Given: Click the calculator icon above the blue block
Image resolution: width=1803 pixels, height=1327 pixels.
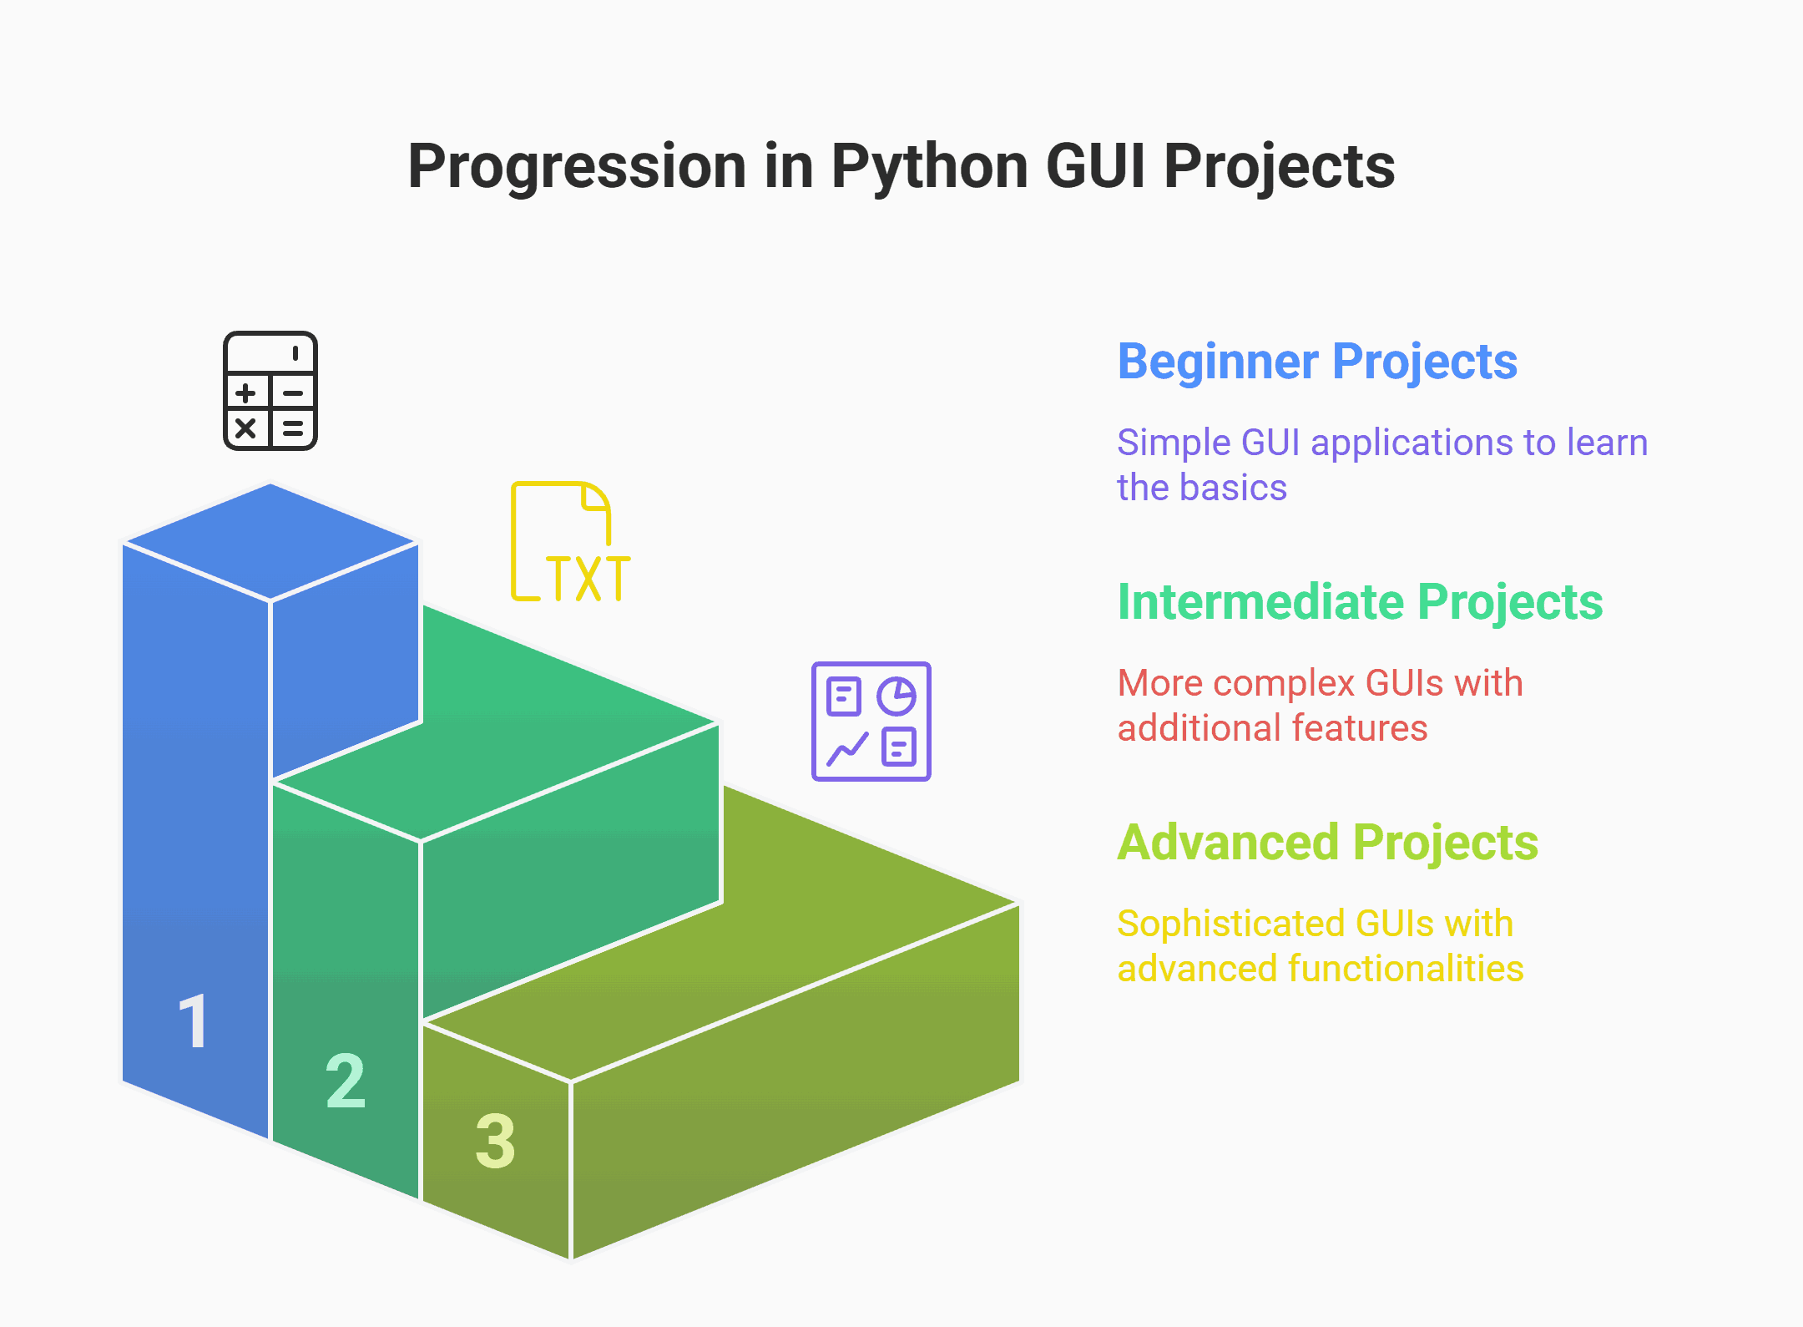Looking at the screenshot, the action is [270, 391].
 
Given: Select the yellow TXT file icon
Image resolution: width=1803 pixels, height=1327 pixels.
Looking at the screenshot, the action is [571, 542].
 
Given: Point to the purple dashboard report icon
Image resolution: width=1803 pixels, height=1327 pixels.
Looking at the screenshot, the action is [871, 722].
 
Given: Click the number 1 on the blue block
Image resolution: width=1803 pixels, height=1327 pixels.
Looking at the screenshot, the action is [193, 1021].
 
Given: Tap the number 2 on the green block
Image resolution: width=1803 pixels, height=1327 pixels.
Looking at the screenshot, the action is [346, 1081].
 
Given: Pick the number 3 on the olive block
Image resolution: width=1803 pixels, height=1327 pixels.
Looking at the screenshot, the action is [496, 1141].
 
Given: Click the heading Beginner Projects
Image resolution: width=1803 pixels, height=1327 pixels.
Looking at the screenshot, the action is [1317, 363].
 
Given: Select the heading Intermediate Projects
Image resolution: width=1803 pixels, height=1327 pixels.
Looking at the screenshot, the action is [1360, 602].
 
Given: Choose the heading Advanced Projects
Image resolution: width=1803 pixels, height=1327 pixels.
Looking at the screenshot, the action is [1327, 843].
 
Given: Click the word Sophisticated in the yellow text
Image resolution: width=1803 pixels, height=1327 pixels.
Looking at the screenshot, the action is [1232, 924].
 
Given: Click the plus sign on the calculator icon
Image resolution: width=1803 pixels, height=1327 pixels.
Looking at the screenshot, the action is [245, 393].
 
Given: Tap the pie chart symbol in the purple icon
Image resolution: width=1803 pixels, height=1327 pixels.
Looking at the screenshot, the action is [896, 696].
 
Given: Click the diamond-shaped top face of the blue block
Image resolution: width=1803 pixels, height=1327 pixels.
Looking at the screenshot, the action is [270, 542].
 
